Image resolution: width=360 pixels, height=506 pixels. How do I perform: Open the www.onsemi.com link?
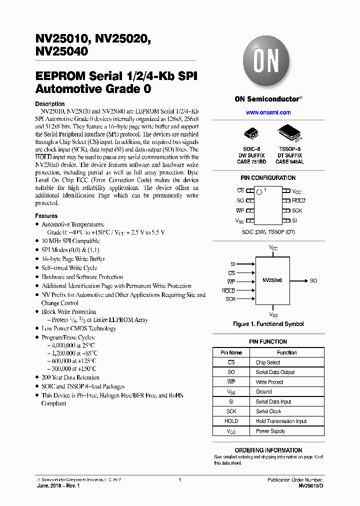[x=268, y=112]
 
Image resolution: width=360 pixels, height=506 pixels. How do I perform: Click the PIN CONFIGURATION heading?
[x=268, y=178]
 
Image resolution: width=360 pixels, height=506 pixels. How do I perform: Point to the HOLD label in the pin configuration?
[x=298, y=200]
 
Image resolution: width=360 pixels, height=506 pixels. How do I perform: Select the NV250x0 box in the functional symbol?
[x=272, y=280]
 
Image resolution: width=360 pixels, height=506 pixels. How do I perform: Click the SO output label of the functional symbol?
[x=313, y=280]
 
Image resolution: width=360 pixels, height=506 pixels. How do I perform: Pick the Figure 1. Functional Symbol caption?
[x=268, y=324]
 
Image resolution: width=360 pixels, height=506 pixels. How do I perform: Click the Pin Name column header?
[x=231, y=352]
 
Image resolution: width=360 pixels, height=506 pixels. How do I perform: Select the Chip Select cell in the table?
[x=268, y=362]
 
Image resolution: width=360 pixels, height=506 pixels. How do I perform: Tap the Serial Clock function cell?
[x=268, y=411]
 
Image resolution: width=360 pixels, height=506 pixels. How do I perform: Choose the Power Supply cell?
[x=270, y=431]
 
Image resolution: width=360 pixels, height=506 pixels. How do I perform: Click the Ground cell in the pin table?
[x=264, y=392]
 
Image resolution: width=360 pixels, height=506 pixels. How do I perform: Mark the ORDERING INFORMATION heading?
[x=268, y=450]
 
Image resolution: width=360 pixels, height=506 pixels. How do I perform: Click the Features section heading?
[x=46, y=216]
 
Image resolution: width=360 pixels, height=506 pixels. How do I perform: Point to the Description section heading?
[x=49, y=104]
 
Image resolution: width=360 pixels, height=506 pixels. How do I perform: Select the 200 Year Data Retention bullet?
[x=70, y=377]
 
